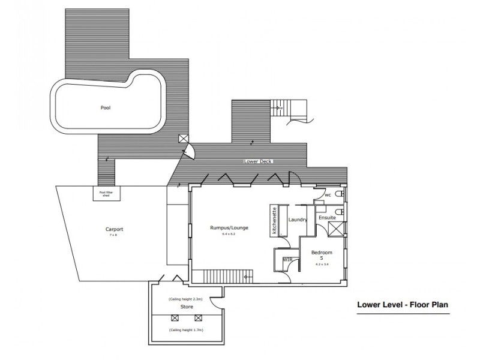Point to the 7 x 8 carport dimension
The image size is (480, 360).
coord(113,235)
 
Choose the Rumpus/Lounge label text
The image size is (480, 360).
coord(229,228)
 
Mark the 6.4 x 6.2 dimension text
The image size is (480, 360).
coord(229,234)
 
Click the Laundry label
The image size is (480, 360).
coord(298,220)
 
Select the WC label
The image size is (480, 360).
coord(328,196)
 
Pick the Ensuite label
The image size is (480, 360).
coord(327,217)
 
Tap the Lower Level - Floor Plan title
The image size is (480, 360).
coord(403,304)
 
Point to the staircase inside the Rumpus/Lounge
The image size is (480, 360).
coord(221,276)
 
